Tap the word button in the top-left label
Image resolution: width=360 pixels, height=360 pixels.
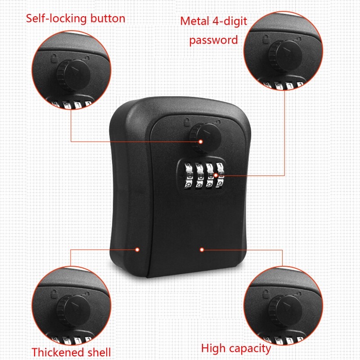[x=104, y=18]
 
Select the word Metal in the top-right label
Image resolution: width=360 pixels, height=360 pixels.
[x=194, y=21]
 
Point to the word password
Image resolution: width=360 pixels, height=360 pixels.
[x=213, y=40]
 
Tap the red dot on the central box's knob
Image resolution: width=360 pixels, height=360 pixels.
[x=201, y=141]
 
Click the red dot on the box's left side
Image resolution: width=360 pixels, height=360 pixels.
[x=138, y=249]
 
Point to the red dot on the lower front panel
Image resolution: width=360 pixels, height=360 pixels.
[x=202, y=249]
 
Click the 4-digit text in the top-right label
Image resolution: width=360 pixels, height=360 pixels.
[x=230, y=21]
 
